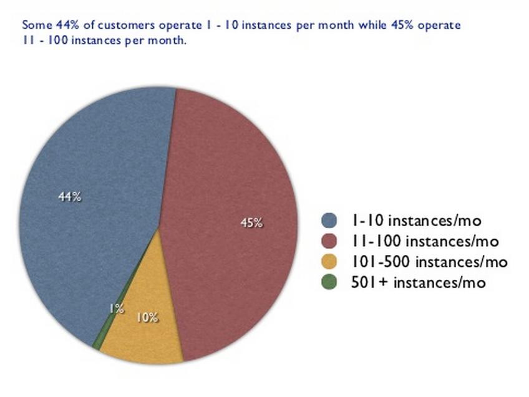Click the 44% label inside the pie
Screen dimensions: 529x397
(x=70, y=196)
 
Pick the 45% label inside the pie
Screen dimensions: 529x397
(x=251, y=222)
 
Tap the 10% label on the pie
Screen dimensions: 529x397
(x=147, y=317)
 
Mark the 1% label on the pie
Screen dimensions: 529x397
(x=117, y=309)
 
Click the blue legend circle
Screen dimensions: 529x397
(x=329, y=221)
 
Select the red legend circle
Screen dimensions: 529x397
(x=329, y=241)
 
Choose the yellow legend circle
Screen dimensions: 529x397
(x=329, y=262)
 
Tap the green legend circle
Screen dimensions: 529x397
(x=329, y=282)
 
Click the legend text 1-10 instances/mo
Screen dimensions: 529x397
(x=416, y=221)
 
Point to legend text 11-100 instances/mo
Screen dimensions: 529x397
(x=425, y=241)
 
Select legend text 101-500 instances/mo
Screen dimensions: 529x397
(x=429, y=262)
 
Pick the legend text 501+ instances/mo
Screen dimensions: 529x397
(x=419, y=282)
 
